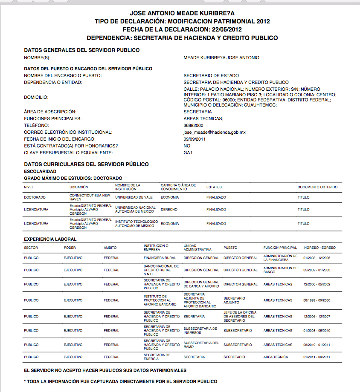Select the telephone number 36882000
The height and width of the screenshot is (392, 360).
tap(193, 125)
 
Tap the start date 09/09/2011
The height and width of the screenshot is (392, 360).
tap(195, 139)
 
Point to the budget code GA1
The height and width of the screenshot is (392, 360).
tap(188, 153)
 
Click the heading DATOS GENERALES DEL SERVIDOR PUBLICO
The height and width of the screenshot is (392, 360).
tap(81, 50)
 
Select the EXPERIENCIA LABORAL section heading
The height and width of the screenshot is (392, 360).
tap(50, 239)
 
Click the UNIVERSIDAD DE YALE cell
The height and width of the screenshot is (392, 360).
tap(134, 197)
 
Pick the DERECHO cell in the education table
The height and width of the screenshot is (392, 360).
tap(169, 209)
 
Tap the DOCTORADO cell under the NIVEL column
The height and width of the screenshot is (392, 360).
tap(35, 197)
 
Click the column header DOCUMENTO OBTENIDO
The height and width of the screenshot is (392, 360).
tap(317, 187)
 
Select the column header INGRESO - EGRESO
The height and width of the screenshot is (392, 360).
tap(319, 248)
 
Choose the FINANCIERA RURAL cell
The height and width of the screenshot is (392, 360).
tap(160, 258)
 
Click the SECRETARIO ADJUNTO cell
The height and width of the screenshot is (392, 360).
tap(234, 300)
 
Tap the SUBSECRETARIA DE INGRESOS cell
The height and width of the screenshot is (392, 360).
tap(200, 331)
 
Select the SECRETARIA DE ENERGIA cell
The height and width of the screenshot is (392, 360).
tap(157, 357)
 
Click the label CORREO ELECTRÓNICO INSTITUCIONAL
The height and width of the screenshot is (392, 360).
tap(68, 132)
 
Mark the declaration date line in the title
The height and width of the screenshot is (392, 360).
tap(182, 29)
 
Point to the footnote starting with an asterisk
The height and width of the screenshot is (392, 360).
tap(120, 381)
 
